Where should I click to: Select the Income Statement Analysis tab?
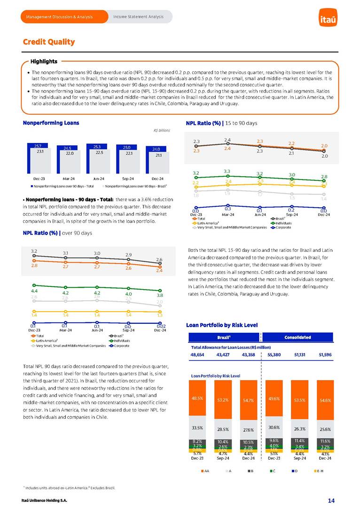point(138,17)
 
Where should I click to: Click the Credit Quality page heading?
point(49,42)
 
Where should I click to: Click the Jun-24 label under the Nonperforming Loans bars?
point(98,179)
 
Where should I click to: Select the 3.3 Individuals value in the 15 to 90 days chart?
point(227,171)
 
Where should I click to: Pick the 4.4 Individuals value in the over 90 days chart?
point(34,291)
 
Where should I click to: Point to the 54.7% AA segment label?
point(248,400)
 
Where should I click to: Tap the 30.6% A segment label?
point(274,427)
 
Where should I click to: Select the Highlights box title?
point(44,62)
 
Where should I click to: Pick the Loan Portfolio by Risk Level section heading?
point(222,325)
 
